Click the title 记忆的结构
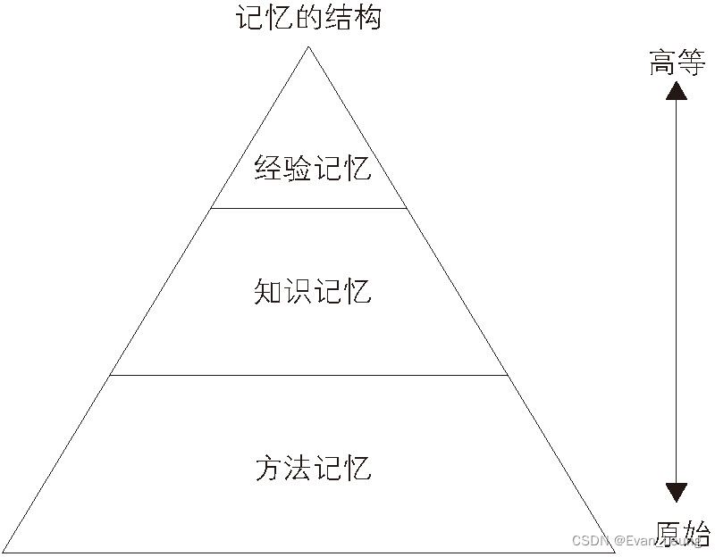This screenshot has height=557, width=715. click(x=309, y=17)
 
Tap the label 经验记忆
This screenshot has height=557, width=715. click(x=312, y=168)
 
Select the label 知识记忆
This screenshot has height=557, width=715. click(x=312, y=292)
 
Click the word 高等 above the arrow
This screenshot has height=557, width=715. click(x=677, y=63)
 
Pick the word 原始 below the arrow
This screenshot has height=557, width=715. click(x=683, y=533)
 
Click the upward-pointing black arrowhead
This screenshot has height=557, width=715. click(x=677, y=90)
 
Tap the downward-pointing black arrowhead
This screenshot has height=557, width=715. click(x=677, y=492)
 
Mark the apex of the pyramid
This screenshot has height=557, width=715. click(x=309, y=46)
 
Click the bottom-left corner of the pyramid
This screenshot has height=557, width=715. click(x=4, y=552)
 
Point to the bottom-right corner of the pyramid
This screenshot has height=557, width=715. click(x=616, y=552)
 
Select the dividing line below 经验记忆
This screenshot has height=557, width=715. click(x=309, y=208)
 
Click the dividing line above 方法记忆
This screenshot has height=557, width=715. click(x=309, y=376)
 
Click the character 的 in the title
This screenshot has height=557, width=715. click(x=309, y=17)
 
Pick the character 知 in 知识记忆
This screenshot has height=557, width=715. click(x=268, y=292)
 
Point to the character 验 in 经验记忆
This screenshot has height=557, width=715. click(x=298, y=168)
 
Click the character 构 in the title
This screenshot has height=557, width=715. click(x=367, y=17)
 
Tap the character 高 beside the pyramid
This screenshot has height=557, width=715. click(x=663, y=63)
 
